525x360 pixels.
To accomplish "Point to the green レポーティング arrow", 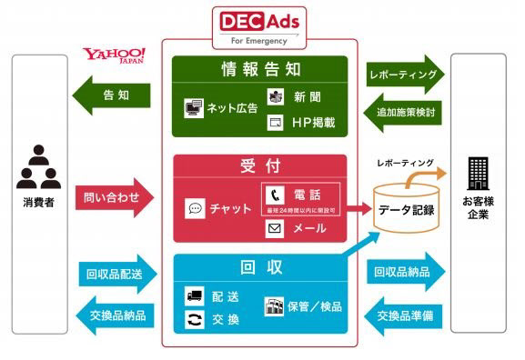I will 404,71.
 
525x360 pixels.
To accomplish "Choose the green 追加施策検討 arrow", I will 405,113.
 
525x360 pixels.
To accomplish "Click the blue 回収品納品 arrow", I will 406,272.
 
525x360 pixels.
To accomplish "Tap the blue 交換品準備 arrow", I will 406,315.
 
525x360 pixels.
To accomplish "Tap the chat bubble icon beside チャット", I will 195,208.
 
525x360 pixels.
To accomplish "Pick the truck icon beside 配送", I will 194,295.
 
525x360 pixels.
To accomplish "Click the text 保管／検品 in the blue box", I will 316,306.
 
